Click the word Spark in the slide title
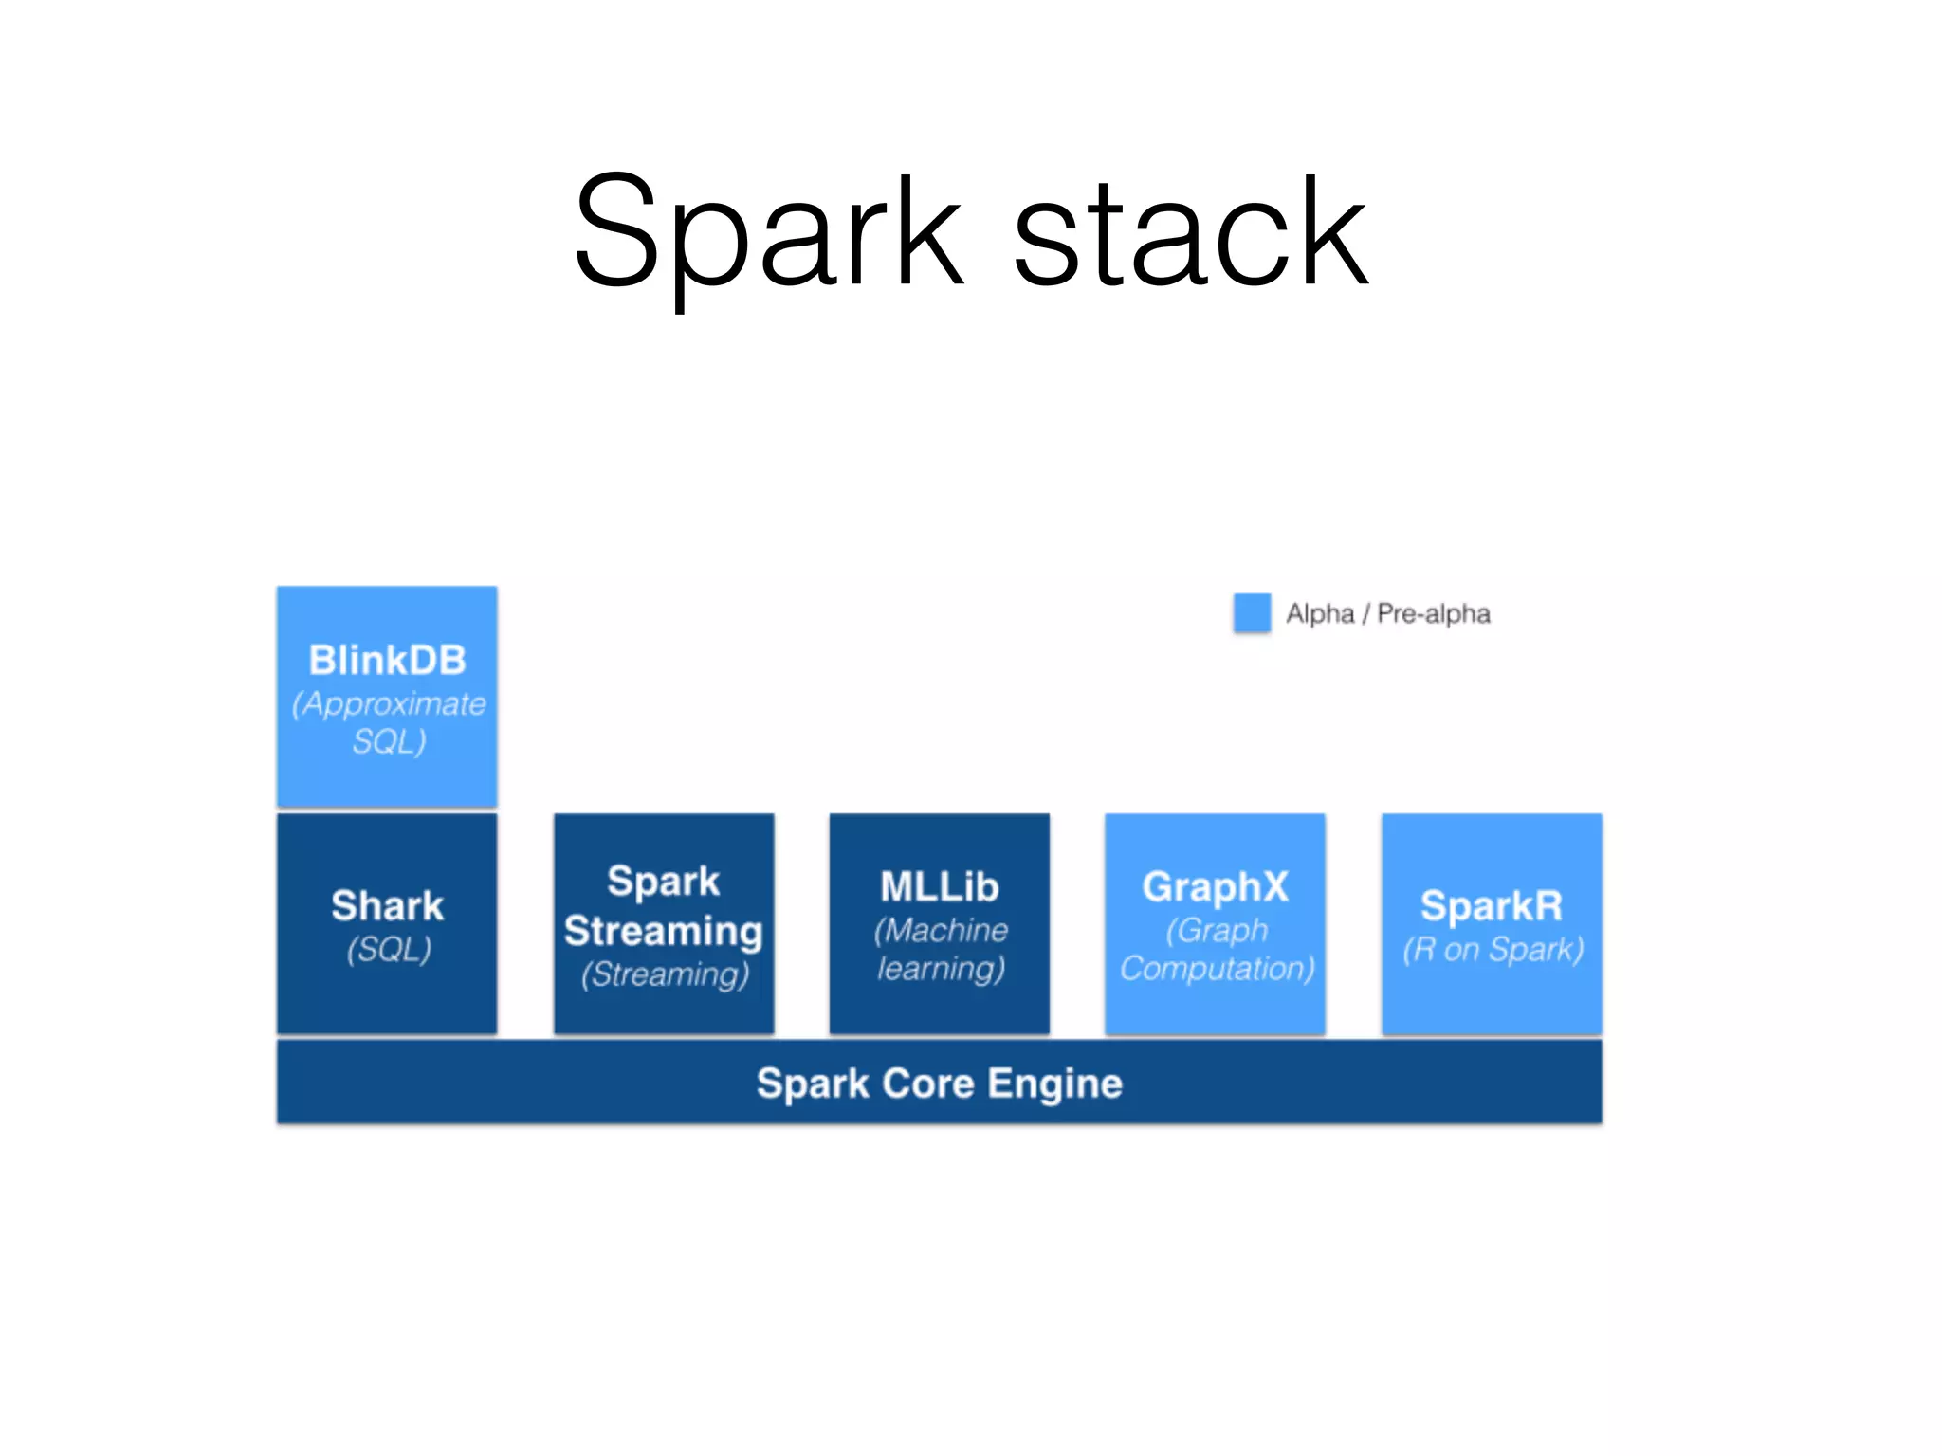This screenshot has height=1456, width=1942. tap(768, 232)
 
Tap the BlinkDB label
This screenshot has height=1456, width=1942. tap(387, 661)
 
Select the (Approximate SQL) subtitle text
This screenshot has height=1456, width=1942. tap(389, 722)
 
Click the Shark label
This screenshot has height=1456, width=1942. tap(387, 906)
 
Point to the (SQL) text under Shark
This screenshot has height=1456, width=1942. tap(389, 949)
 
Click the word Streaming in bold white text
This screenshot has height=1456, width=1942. tap(664, 931)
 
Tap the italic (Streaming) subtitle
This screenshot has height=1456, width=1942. tap(665, 974)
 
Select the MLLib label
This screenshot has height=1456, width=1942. tap(939, 887)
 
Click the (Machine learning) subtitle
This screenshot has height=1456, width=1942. tap(940, 949)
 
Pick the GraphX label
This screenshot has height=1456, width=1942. tap(1215, 887)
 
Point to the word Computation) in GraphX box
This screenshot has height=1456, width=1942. tap(1218, 969)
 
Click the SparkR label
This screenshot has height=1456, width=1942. tap(1492, 906)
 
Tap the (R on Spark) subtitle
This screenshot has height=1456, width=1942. tap(1493, 950)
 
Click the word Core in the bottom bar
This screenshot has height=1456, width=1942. tap(927, 1083)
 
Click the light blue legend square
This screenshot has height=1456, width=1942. tap(1252, 613)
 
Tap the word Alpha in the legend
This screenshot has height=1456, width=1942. tap(1319, 614)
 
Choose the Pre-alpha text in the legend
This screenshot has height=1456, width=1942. tap(1433, 614)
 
